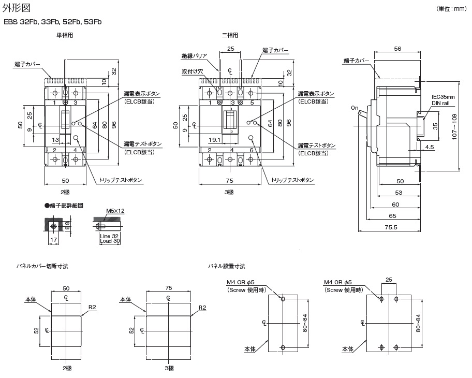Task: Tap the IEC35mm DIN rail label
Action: coord(444,100)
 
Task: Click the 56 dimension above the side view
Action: coord(397,48)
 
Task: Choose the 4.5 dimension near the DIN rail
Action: coord(430,148)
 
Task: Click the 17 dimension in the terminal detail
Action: coord(53,240)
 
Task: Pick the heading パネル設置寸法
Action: coord(227,266)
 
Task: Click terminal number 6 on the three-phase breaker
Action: coord(251,150)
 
